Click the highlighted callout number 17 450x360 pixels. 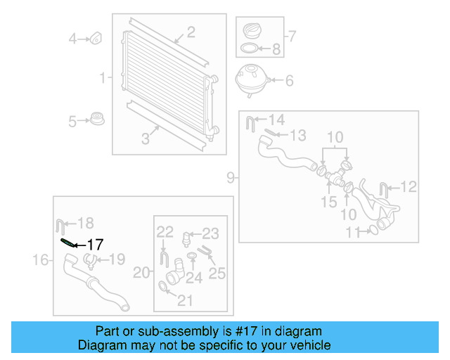pyautogui.click(x=95, y=245)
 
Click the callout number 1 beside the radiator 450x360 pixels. pyautogui.click(x=103, y=78)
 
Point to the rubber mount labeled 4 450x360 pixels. pyautogui.click(x=97, y=37)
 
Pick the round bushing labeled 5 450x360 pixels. pyautogui.click(x=97, y=120)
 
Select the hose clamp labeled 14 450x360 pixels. pyautogui.click(x=250, y=124)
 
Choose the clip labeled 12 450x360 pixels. pyautogui.click(x=383, y=188)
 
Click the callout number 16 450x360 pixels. pyautogui.click(x=44, y=260)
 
